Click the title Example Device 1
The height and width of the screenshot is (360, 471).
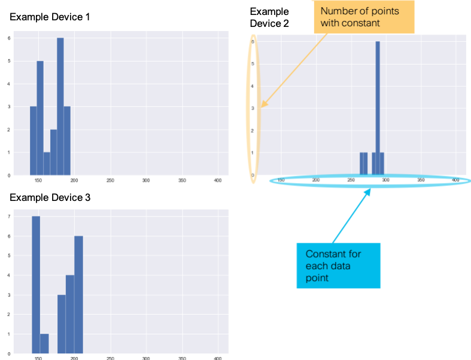(x=50, y=17)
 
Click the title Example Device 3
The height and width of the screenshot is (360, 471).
(x=50, y=197)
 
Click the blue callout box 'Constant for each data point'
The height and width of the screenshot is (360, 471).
(x=338, y=265)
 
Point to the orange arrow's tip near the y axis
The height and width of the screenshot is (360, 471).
(x=262, y=106)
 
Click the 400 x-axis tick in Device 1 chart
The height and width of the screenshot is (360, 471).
(x=218, y=180)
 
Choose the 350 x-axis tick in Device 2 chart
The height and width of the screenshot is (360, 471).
(x=421, y=180)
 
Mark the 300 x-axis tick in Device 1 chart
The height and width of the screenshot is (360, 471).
(x=146, y=180)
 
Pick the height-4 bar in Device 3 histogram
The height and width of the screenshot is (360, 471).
(x=70, y=313)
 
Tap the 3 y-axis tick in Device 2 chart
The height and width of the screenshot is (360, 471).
(x=253, y=108)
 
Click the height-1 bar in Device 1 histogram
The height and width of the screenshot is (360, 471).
(x=47, y=163)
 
